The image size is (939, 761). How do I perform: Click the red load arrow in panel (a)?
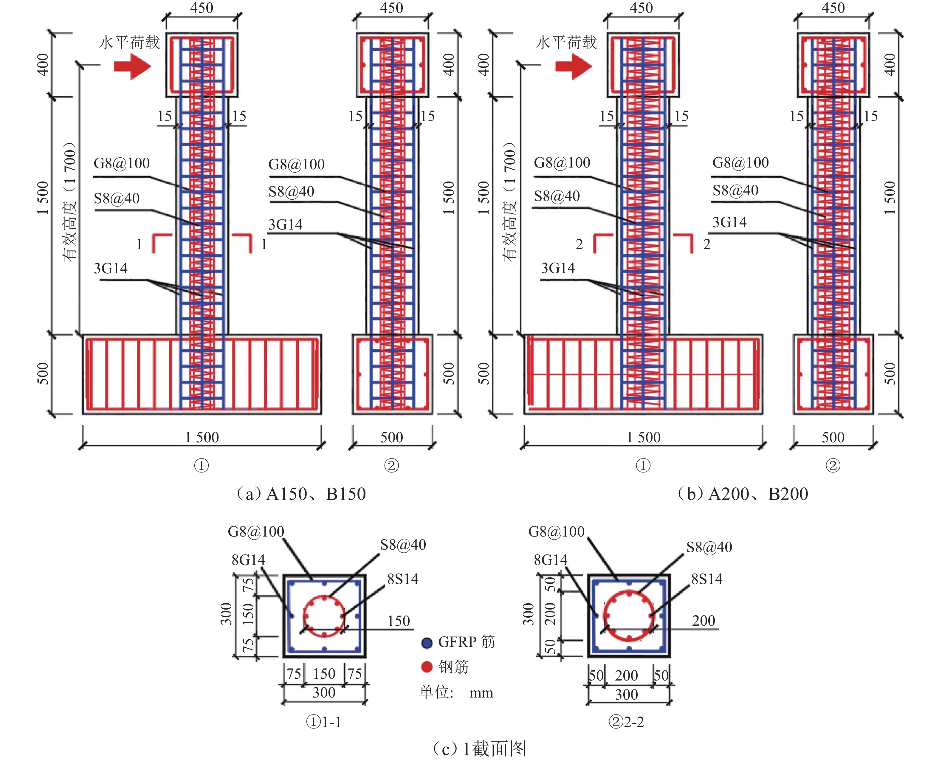(x=132, y=67)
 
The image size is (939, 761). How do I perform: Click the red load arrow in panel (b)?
(x=574, y=67)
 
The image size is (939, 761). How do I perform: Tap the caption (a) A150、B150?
(x=301, y=494)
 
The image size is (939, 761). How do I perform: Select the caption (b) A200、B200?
(x=743, y=494)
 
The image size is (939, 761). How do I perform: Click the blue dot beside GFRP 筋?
(x=427, y=643)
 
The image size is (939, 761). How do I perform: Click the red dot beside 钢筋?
(x=427, y=667)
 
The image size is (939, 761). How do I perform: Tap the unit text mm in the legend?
(x=481, y=693)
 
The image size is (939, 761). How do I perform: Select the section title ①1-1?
(x=323, y=722)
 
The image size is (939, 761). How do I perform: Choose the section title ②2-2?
(x=626, y=722)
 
